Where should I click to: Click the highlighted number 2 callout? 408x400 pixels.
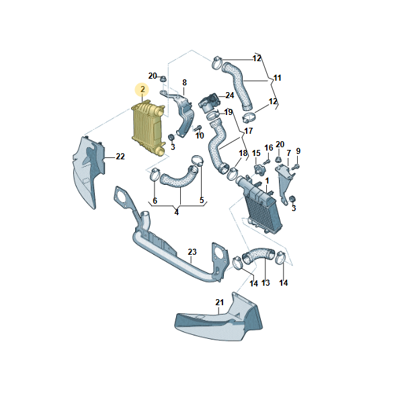[x=142, y=89]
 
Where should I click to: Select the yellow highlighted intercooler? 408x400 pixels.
[x=149, y=128]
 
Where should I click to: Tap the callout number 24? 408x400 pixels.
[x=229, y=95]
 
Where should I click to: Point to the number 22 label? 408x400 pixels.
[x=120, y=157]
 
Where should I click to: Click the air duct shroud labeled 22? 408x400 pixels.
[x=89, y=171]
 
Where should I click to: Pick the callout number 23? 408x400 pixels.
[x=192, y=252]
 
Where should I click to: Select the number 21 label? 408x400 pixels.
[x=219, y=303]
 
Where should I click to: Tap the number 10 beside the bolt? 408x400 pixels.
[x=200, y=136]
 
